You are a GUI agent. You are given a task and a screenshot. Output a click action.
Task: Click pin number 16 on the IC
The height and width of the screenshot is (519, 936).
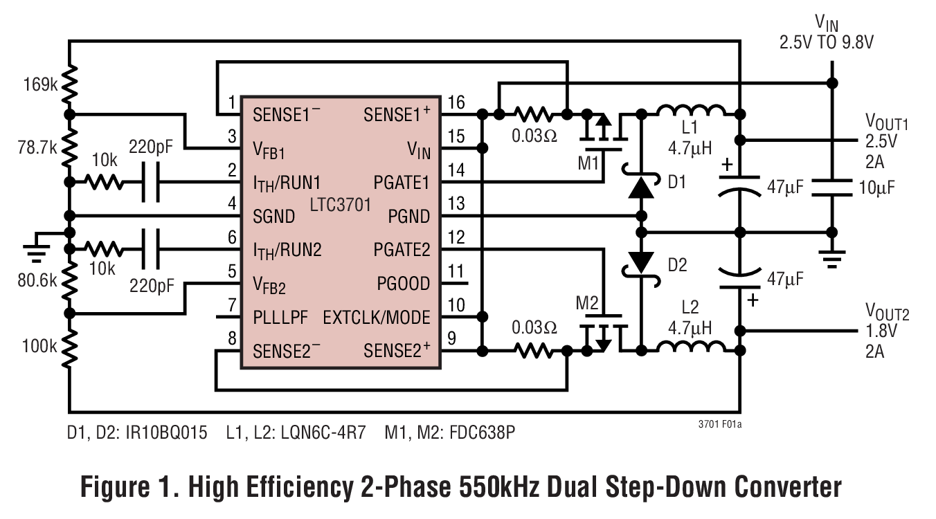[456, 102]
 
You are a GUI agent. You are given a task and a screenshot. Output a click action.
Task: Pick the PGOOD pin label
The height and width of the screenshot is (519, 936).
[403, 284]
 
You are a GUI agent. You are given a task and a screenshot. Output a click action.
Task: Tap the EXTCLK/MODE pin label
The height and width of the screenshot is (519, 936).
[377, 318]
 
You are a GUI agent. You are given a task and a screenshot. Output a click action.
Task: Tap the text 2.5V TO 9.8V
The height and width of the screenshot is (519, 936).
[827, 42]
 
